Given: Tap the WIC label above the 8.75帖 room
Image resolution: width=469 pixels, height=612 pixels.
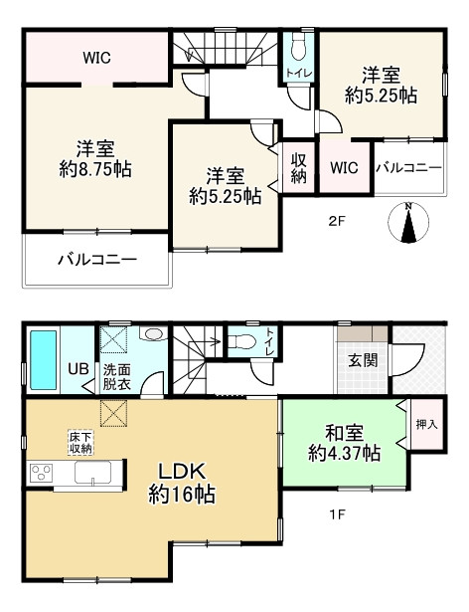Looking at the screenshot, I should tap(95, 58).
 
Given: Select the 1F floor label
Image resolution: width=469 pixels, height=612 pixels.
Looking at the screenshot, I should tap(337, 513).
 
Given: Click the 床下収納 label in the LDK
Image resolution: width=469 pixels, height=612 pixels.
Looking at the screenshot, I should tap(80, 441).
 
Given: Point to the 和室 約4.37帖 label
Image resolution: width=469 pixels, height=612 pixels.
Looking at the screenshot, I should tap(343, 443).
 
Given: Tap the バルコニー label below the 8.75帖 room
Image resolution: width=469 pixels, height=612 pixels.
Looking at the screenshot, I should tap(95, 260).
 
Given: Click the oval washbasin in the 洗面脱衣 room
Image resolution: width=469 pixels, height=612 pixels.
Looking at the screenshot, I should tap(154, 335).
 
